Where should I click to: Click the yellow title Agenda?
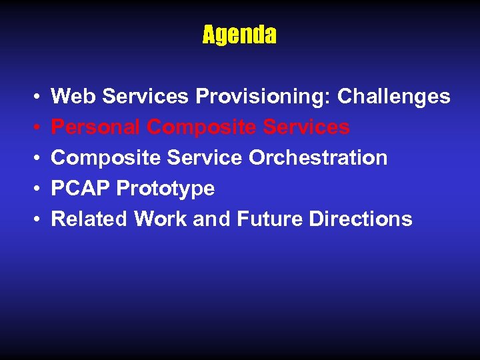pyautogui.click(x=239, y=35)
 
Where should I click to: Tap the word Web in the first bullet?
pyautogui.click(x=71, y=97)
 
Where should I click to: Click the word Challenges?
pyautogui.click(x=394, y=97)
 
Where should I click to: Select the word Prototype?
pyautogui.click(x=165, y=189)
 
